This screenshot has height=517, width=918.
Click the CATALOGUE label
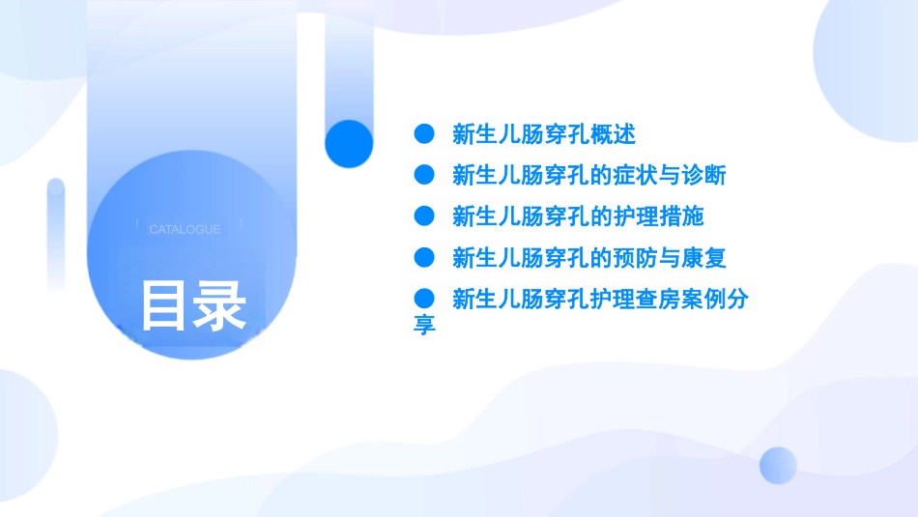[185, 230]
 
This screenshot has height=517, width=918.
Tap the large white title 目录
[193, 306]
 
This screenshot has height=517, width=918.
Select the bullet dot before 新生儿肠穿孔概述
[422, 133]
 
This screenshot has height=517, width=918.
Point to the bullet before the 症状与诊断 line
[422, 175]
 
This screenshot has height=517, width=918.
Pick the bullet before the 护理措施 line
[422, 215]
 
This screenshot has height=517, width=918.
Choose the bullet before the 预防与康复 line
[422, 257]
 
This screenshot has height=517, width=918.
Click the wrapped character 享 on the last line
[424, 324]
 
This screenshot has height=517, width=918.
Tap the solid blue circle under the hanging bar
[349, 144]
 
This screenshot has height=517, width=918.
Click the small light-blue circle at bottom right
[778, 465]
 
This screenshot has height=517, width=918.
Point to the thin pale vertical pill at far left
[55, 232]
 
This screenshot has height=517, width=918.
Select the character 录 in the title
[221, 306]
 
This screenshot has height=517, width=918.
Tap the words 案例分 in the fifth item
[714, 300]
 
